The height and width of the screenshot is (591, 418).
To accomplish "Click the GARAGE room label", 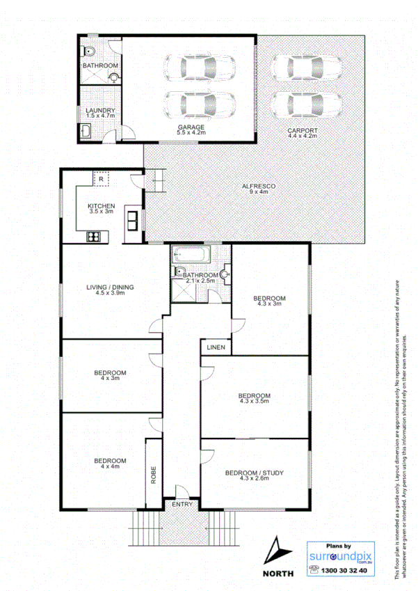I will (190, 127).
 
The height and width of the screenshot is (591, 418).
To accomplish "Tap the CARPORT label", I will (303, 130).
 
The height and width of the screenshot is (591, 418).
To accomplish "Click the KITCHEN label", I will (101, 206).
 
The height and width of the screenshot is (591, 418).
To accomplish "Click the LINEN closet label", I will (214, 347).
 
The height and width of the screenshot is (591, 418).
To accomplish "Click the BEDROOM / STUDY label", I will (254, 473).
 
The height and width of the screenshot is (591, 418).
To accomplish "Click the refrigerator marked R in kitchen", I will (102, 179).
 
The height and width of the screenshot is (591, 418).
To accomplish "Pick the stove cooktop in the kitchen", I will (94, 237).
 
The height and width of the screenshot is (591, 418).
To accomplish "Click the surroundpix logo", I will (340, 556).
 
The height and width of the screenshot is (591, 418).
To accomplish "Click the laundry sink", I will (86, 129).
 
